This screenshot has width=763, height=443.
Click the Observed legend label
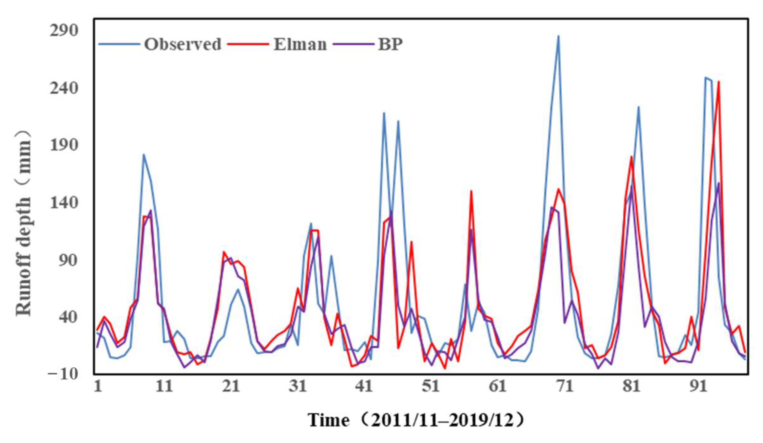pyautogui.click(x=182, y=44)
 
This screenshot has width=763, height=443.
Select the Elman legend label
pyautogui.click(x=300, y=44)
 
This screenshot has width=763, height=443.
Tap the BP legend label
pyautogui.click(x=390, y=44)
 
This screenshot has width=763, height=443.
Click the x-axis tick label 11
pyautogui.click(x=164, y=387)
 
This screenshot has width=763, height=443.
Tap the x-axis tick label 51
pyautogui.click(x=431, y=387)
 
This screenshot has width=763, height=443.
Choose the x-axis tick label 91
pyautogui.click(x=698, y=387)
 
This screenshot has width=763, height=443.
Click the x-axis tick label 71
pyautogui.click(x=564, y=387)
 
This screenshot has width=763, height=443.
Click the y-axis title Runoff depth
pyautogui.click(x=24, y=224)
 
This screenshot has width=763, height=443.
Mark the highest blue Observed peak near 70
pyautogui.click(x=558, y=36)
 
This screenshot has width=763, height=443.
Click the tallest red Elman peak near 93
pyautogui.click(x=719, y=82)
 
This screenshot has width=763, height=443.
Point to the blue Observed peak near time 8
pyautogui.click(x=144, y=155)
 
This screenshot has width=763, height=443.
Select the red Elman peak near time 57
pyautogui.click(x=471, y=191)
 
